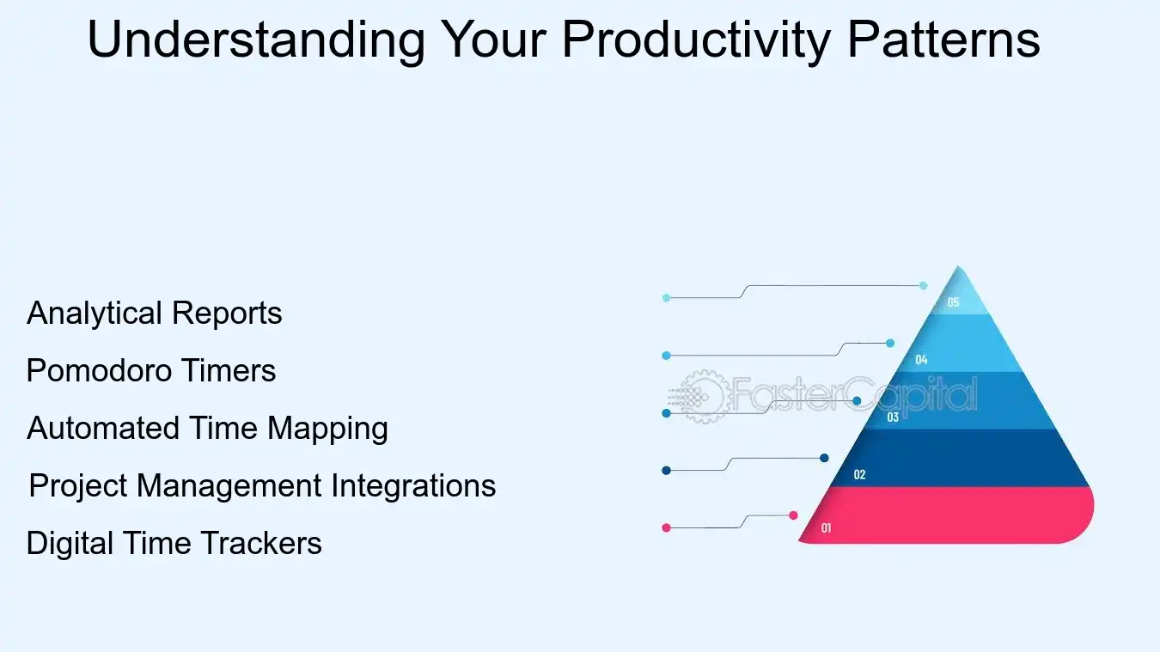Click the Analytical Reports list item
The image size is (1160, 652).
155,314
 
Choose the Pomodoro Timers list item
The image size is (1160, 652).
151,371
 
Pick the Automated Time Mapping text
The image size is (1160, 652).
207,428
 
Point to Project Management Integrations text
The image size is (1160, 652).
262,486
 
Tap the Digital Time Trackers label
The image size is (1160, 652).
174,544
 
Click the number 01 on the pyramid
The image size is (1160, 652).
826,528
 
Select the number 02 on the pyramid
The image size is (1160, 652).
859,475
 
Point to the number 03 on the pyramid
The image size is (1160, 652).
893,417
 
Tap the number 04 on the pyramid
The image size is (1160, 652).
921,360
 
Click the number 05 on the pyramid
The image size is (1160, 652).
953,302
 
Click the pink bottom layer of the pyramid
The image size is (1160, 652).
962,515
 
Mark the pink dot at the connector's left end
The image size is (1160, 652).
666,527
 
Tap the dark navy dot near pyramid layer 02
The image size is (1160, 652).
824,458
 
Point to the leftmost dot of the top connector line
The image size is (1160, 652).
666,298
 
